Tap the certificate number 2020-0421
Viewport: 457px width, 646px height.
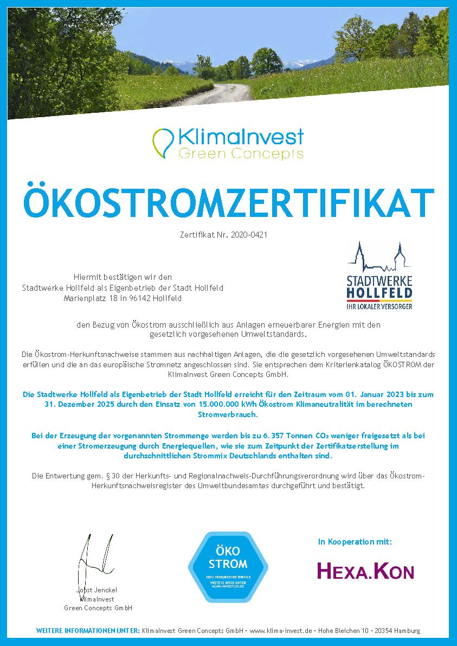[249, 235]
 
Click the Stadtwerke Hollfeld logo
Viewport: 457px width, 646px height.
[379, 277]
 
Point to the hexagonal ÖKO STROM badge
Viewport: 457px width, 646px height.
[228, 566]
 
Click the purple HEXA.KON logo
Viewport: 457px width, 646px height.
[365, 571]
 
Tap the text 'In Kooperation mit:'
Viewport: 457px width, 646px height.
[355, 541]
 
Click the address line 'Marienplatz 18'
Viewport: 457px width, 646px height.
[91, 298]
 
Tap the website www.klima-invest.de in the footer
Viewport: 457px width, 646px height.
[281, 631]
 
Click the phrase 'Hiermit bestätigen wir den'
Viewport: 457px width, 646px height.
[123, 277]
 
